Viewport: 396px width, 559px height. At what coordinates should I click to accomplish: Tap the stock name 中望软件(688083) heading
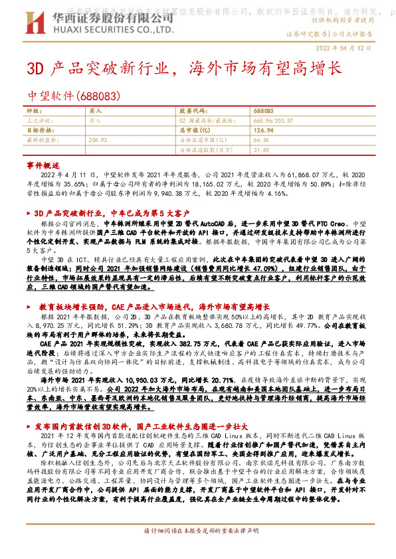pos(73,95)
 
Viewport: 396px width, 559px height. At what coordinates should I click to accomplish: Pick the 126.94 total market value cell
pos(263,130)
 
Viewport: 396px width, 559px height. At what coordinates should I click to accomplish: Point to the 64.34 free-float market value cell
pos(261,140)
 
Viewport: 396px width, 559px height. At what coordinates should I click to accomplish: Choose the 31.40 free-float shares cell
pos(260,149)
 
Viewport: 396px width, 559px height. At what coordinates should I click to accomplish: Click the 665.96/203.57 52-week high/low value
pos(273,121)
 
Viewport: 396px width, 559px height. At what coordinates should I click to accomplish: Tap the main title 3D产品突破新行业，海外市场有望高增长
pos(183,68)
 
